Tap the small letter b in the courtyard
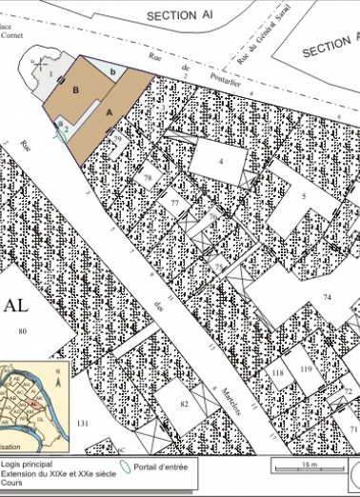114,71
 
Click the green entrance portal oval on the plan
61,135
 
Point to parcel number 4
220,162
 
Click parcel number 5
303,196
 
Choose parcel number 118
278,373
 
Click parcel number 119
306,368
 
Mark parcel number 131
83,423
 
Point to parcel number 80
20,331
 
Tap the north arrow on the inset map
59,380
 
